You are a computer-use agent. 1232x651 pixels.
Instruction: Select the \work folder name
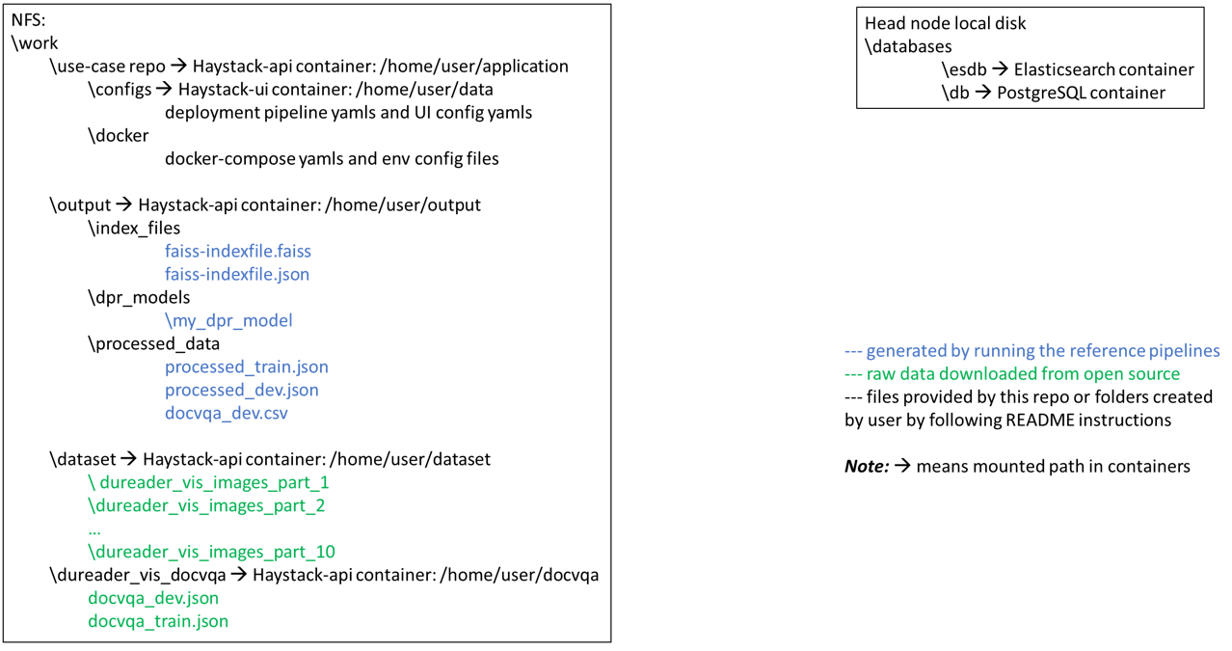tap(36, 43)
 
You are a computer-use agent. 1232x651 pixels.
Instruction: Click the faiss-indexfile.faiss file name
tap(237, 251)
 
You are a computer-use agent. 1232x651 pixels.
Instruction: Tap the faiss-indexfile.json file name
tap(236, 274)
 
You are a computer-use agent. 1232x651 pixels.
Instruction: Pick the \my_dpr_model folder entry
tap(228, 320)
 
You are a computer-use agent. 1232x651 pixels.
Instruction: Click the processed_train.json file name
tap(246, 366)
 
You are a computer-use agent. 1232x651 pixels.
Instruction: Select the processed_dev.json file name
tap(241, 390)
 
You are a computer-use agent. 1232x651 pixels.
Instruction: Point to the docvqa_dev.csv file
tap(226, 413)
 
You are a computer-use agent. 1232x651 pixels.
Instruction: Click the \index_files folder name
tap(134, 228)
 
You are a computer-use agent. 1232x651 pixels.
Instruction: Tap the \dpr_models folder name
tap(139, 297)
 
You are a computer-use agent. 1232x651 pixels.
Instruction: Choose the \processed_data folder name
tap(153, 343)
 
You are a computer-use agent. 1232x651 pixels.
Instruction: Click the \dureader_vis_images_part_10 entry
tap(211, 552)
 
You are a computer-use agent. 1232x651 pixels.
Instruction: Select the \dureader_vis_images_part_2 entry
tap(206, 505)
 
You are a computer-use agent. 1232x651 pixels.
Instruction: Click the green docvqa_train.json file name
tap(158, 621)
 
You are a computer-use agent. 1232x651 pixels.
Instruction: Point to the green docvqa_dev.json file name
tap(153, 598)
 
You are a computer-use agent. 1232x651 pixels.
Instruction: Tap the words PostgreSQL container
tap(1081, 93)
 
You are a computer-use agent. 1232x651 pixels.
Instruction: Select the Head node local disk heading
tap(945, 23)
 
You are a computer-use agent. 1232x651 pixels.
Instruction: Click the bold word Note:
tap(866, 467)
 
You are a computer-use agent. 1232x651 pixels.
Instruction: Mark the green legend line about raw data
tap(1012, 374)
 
